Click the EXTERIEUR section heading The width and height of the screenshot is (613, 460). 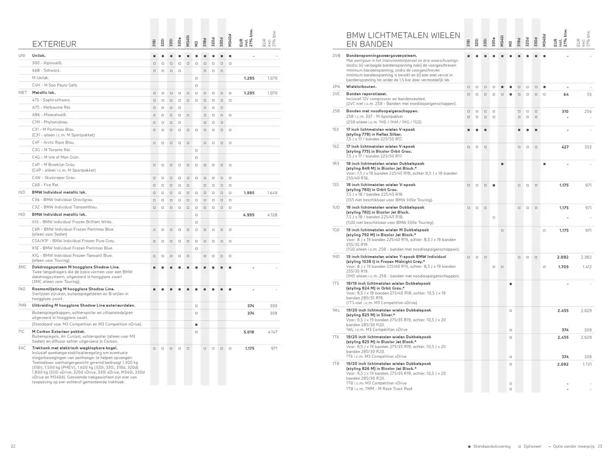coord(54,44)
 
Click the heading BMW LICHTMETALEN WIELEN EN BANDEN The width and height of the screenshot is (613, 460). coord(403,39)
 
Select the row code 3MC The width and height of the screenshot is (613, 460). coord(22,267)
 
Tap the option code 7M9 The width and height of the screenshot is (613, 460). coord(22,305)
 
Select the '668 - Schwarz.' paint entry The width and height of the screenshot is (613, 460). coord(46,70)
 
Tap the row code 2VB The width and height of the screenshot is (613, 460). coord(336,55)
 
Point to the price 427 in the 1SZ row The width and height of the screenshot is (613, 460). coord(564,147)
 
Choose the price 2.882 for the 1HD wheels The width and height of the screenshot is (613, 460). coord(562,257)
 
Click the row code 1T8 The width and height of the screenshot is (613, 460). coord(336,363)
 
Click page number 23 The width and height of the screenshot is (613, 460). coord(600,446)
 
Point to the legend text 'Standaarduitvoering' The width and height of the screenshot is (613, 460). coord(491,446)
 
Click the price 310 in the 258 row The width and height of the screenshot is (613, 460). coord(564,111)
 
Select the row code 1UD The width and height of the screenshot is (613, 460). coord(336,208)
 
